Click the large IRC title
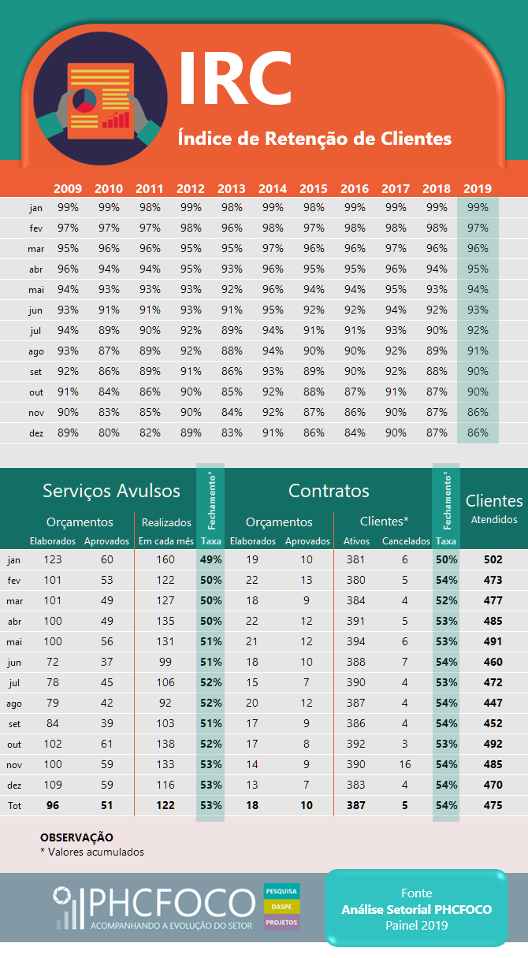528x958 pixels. [235, 78]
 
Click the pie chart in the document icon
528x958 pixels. [84, 101]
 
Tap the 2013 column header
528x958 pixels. [232, 188]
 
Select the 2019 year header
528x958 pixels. [478, 188]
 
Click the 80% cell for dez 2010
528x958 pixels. [109, 433]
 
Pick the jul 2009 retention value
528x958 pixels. [68, 330]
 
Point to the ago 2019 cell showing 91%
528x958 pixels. [478, 351]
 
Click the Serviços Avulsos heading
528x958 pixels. [111, 491]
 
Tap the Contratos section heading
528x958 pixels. [329, 491]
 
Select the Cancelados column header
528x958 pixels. [406, 541]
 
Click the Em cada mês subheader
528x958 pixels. [166, 541]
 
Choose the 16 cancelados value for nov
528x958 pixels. [405, 764]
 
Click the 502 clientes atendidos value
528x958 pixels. [493, 559]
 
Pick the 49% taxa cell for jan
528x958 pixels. [211, 559]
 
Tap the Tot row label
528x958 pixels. [14, 806]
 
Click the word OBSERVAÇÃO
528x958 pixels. [76, 837]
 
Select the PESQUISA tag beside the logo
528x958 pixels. [281, 891]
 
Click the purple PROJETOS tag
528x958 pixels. [281, 923]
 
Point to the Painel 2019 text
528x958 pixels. [416, 926]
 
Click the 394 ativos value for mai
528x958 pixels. [356, 641]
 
